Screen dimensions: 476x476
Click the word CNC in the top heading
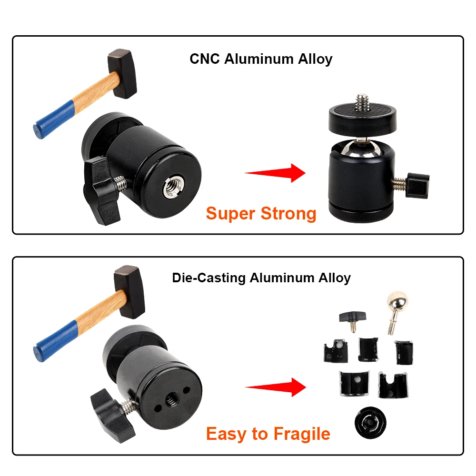(x=205, y=59)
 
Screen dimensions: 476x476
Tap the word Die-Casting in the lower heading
(x=209, y=278)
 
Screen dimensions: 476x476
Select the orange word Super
(x=230, y=214)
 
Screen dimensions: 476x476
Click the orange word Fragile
(x=302, y=434)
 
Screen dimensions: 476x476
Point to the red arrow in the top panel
(x=275, y=173)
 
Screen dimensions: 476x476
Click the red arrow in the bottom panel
(x=276, y=387)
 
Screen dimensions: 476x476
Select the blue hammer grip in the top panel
(x=54, y=119)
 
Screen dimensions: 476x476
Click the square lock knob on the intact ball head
(x=417, y=186)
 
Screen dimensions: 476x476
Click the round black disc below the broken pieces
(x=370, y=423)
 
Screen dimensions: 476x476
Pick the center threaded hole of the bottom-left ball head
(x=170, y=397)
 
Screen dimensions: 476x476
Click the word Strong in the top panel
(x=288, y=214)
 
